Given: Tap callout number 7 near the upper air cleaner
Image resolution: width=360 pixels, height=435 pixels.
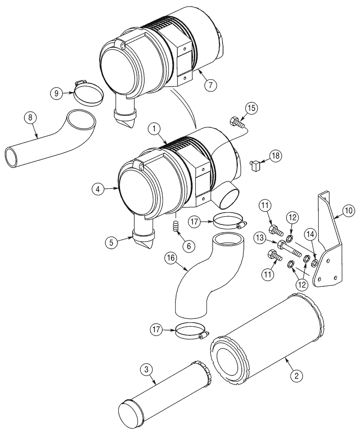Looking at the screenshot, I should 210,85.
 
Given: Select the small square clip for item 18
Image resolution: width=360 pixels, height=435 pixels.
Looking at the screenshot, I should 256,164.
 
